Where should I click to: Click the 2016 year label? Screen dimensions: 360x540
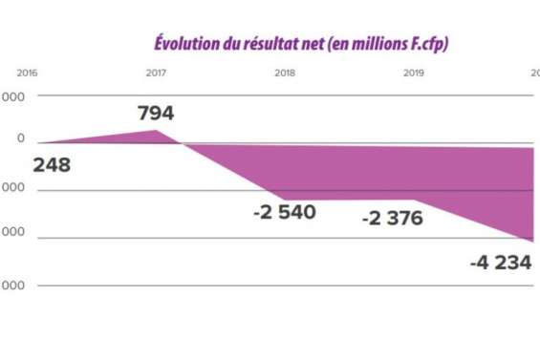point(27,73)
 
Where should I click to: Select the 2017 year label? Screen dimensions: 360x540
point(156,73)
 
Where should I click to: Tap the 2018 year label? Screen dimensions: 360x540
point(285,73)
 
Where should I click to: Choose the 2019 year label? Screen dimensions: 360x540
point(414,73)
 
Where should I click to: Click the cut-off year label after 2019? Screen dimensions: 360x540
point(535,73)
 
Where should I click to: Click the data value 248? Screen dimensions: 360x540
point(52,165)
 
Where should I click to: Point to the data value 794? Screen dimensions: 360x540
point(156,114)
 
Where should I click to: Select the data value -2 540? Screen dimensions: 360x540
point(284,212)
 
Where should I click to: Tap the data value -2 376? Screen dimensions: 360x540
point(392,219)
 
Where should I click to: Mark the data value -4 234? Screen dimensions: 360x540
point(500,262)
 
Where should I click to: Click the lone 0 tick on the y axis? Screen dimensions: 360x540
point(20,139)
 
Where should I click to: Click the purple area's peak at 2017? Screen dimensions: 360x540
point(157,130)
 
